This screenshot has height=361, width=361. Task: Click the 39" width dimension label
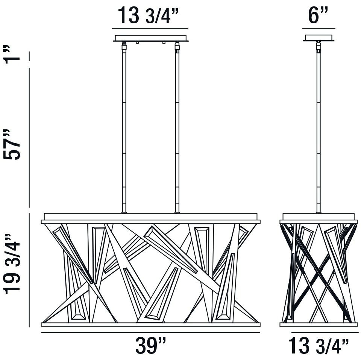coord(150,345)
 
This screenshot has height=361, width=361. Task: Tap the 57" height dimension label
coord(12,144)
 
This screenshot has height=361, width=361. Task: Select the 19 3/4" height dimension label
coord(12,264)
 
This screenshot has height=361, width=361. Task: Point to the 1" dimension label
coord(12,55)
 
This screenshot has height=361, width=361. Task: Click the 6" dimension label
coord(318,15)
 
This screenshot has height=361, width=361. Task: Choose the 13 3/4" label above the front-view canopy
coord(149,15)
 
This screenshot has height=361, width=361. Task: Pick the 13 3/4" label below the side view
coord(319,345)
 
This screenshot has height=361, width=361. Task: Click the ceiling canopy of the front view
coord(150,38)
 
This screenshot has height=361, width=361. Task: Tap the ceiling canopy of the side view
coord(319,38)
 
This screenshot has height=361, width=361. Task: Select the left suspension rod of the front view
coord(124,127)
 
